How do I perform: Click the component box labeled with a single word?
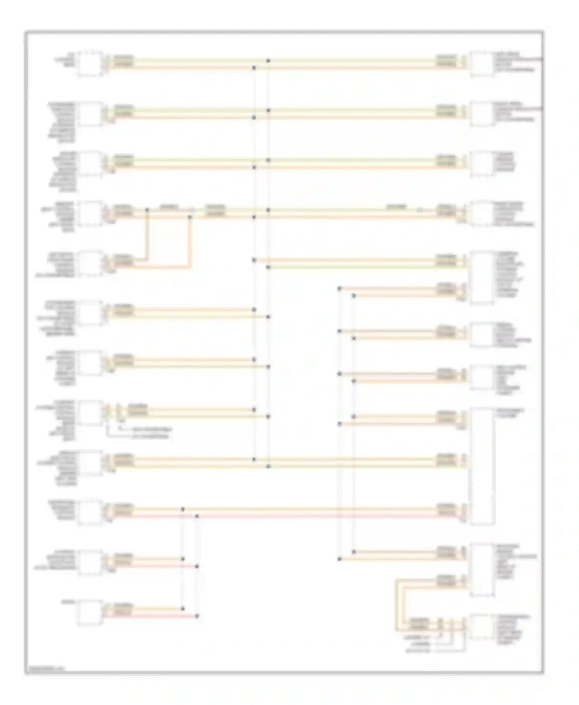(90, 612)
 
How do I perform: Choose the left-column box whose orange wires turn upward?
(90, 264)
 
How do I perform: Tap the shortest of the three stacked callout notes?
(421, 644)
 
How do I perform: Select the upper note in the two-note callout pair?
(150, 429)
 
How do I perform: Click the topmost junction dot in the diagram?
(268, 61)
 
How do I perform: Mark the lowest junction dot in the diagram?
(197, 616)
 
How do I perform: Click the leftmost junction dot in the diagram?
(147, 210)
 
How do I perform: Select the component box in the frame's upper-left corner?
(90, 63)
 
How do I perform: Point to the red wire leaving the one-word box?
(154, 616)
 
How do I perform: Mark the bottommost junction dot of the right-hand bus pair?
(339, 559)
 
